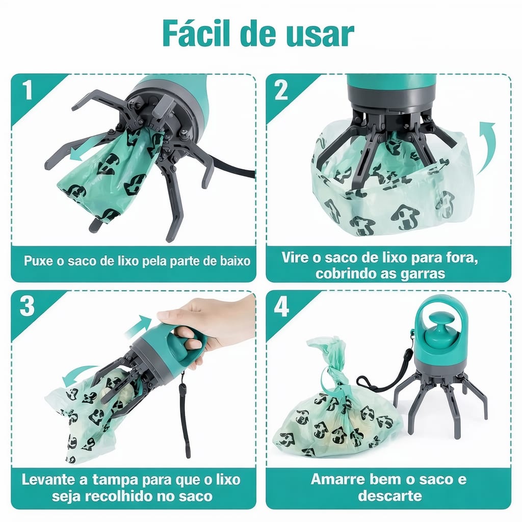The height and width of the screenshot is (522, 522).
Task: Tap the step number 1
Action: (28, 89)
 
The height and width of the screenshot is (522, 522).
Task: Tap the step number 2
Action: (281, 90)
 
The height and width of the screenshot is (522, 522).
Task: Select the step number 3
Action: (27, 306)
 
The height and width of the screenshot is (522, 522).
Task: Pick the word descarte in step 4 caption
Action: (390, 495)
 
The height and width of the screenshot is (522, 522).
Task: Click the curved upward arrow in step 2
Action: (486, 147)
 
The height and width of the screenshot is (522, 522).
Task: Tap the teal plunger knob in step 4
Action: (439, 334)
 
